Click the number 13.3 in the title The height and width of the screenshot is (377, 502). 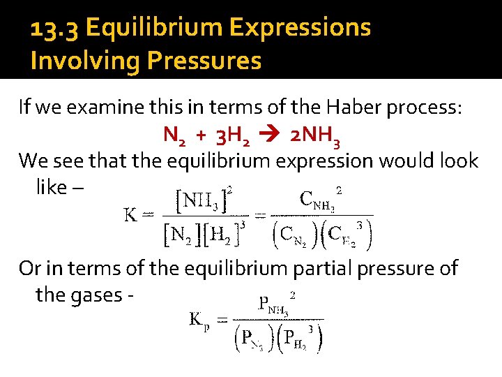54,29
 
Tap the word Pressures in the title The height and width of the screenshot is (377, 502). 204,61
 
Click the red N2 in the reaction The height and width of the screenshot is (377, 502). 174,135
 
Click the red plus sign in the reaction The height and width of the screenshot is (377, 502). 200,134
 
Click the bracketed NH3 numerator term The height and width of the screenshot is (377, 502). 202,202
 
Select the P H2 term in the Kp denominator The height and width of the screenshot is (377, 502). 302,339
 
